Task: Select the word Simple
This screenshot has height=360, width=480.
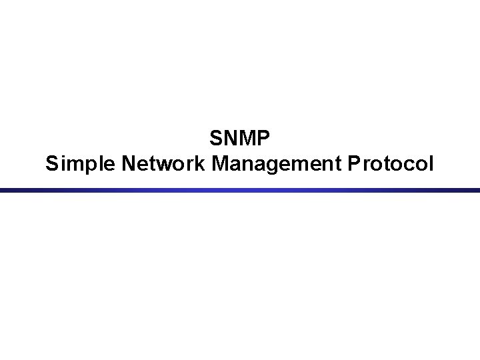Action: pyautogui.click(x=71, y=163)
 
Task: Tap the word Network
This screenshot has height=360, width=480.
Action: pyautogui.click(x=153, y=162)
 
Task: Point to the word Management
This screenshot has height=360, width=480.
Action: pyautogui.click(x=273, y=163)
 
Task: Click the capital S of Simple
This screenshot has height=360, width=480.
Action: pyautogui.click(x=52, y=162)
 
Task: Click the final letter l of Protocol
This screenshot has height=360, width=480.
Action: pyautogui.click(x=430, y=162)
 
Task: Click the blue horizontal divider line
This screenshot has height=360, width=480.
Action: pyautogui.click(x=240, y=191)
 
